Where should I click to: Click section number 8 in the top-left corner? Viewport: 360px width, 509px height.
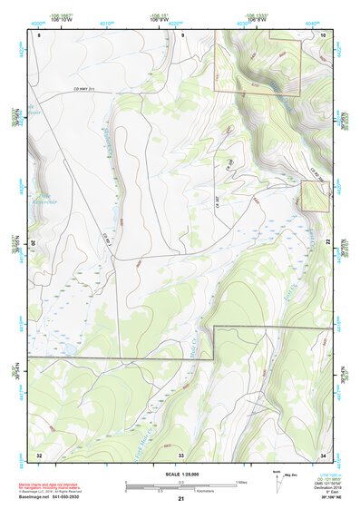pyautogui.click(x=40, y=34)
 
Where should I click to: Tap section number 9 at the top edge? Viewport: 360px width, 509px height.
pyautogui.click(x=182, y=34)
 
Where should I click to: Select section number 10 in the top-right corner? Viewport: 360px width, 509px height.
pyautogui.click(x=324, y=34)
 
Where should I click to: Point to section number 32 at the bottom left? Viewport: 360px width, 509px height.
pyautogui.click(x=39, y=454)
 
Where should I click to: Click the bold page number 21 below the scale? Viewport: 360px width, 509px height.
pyautogui.click(x=181, y=499)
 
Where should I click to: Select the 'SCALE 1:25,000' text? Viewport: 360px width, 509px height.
pyautogui.click(x=181, y=475)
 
